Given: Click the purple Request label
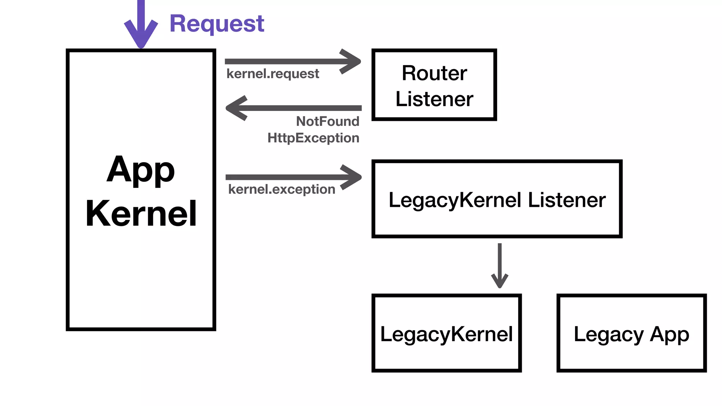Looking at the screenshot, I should coord(217,24).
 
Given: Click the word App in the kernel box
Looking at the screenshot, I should coord(141,170).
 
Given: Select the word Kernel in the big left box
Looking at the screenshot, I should coord(141,213).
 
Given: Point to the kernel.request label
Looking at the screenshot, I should coord(273,74).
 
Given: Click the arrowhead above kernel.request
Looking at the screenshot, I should coord(351,62).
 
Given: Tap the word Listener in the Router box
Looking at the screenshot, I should coord(434,99).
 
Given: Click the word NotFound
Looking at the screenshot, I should coord(328,121).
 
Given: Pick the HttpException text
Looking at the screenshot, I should coord(313,138).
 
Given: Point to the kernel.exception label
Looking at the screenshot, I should coord(281,189).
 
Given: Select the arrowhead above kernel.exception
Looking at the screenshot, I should coord(351,177).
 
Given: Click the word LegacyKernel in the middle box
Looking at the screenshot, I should coord(455,200).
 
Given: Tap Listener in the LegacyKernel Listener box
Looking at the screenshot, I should coord(567,200).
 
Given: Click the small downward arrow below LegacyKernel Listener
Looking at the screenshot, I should coord(500,278).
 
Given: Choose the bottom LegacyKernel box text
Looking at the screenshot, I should coord(446,334).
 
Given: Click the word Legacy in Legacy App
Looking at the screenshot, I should coord(608,334).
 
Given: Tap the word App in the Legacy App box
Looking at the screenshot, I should coord(669,334).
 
